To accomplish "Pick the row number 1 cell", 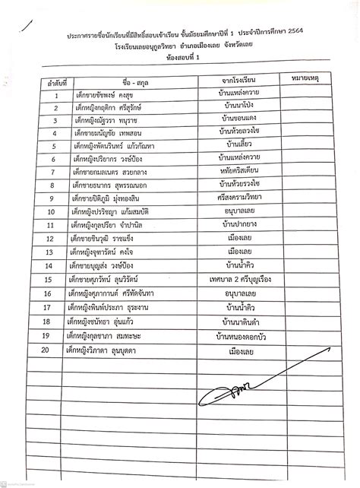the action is pyautogui.click(x=56, y=97).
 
